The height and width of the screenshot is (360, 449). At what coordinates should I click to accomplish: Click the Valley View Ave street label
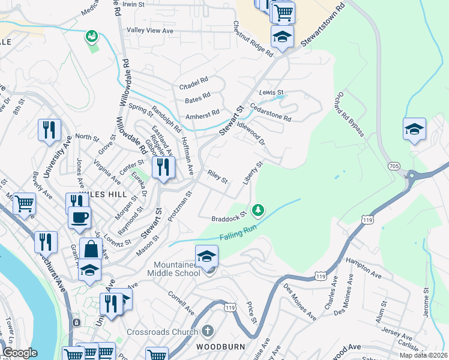click(x=149, y=31)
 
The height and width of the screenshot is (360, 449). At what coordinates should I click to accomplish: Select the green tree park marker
click(x=258, y=210)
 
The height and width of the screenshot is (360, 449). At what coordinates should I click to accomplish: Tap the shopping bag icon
click(x=90, y=248)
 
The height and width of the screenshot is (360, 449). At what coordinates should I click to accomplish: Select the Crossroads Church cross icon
click(x=207, y=331)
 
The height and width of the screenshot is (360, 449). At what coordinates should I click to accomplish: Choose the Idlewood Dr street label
click(x=251, y=133)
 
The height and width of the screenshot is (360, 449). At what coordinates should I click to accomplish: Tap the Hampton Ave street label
click(x=364, y=268)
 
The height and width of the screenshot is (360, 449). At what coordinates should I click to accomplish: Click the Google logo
click(x=20, y=353)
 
